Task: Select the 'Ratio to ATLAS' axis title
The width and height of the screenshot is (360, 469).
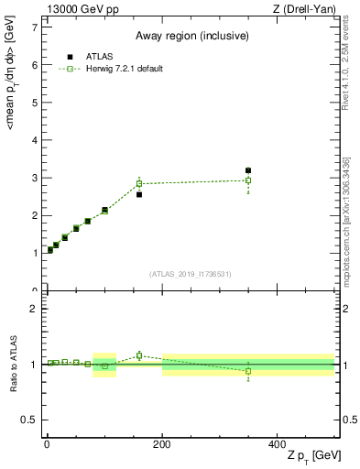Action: tap(13, 365)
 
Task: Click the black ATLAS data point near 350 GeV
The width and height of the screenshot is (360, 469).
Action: tap(248, 170)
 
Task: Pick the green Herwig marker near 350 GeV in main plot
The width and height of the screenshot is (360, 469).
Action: tap(248, 180)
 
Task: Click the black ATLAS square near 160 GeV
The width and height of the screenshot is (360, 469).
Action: tap(139, 194)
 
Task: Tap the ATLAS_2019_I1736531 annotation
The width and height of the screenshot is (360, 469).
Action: tap(191, 274)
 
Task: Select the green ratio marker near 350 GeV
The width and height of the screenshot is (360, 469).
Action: tap(248, 371)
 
